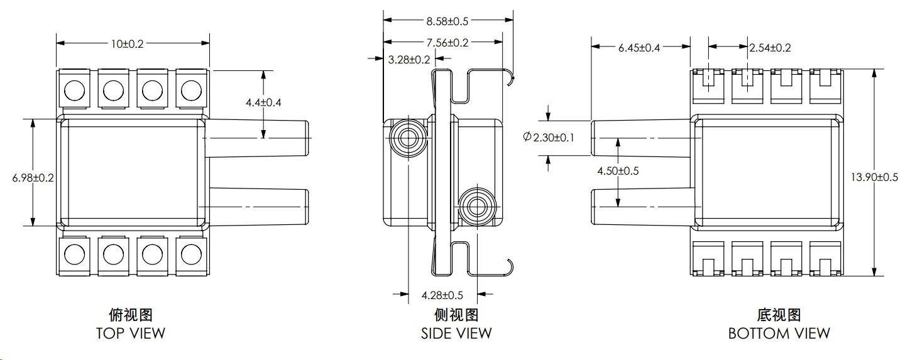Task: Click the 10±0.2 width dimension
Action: (x=128, y=43)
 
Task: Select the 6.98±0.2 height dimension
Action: (x=33, y=178)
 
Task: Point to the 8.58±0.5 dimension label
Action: (x=447, y=21)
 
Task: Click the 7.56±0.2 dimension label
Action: (x=447, y=43)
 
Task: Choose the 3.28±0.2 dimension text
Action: (x=409, y=60)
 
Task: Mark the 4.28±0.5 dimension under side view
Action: (x=442, y=295)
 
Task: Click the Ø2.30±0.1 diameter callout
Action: (x=549, y=137)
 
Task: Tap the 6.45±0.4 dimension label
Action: (x=639, y=48)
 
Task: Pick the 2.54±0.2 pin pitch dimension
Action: (x=769, y=48)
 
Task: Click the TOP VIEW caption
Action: (x=131, y=333)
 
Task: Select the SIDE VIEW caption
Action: (x=456, y=333)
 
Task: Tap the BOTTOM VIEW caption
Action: (x=779, y=333)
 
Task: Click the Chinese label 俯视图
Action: (x=131, y=314)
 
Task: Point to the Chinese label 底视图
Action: (x=779, y=314)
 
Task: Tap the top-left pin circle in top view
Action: (x=74, y=90)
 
